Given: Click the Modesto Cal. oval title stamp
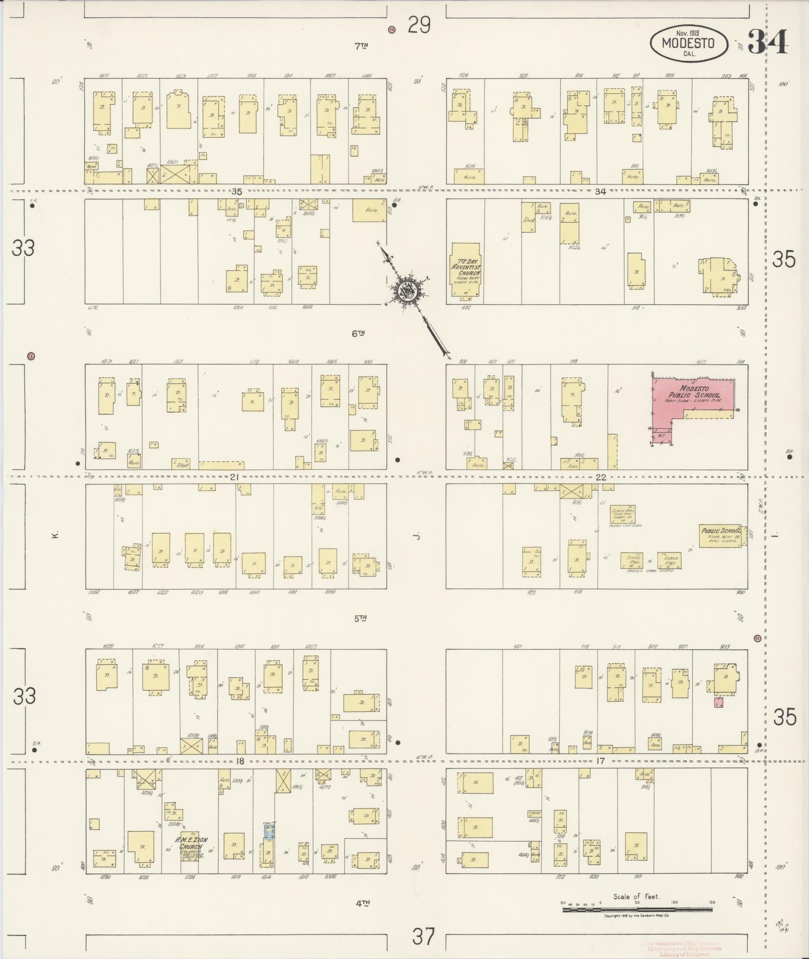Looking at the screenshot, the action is [x=689, y=44].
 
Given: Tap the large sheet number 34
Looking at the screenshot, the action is [x=767, y=42].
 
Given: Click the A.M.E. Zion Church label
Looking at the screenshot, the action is [x=191, y=841].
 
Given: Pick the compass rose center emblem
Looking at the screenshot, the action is [x=405, y=290].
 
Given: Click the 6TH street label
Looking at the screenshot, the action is [x=358, y=333].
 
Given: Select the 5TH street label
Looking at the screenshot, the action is [x=361, y=619].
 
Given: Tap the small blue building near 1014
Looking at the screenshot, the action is [x=269, y=832].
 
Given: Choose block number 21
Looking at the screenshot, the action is [x=233, y=477].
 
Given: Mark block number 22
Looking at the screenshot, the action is [x=601, y=477].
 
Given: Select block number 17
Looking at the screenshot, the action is [x=600, y=761].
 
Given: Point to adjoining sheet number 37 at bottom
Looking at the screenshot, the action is [x=422, y=935].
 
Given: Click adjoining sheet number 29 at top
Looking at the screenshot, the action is [x=419, y=25].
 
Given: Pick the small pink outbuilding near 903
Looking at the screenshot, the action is [x=718, y=702].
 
